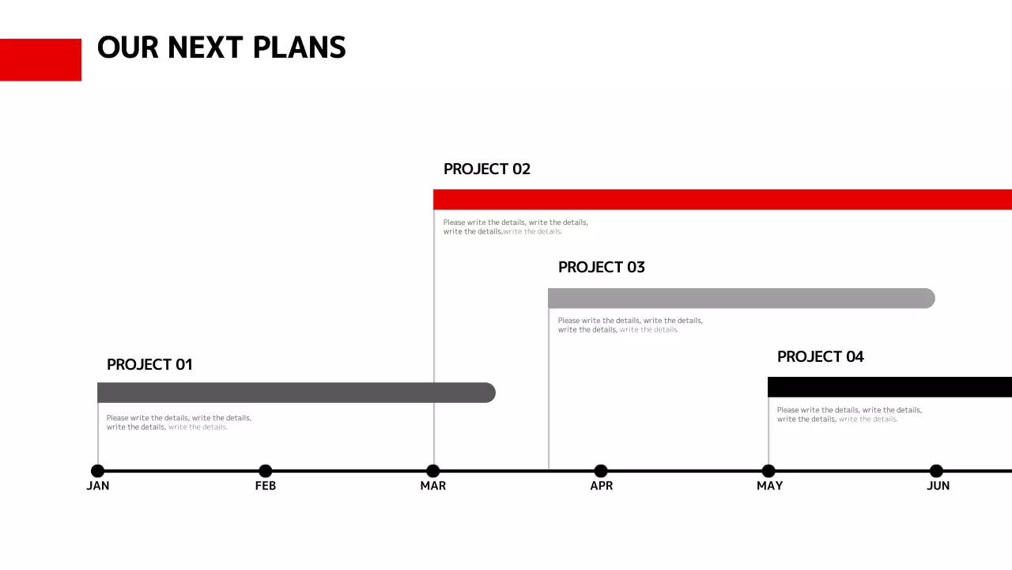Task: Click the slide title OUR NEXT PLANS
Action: click(221, 47)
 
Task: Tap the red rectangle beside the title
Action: click(40, 59)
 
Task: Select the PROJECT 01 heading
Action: click(149, 364)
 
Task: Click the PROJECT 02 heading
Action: click(487, 169)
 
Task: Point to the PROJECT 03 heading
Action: click(602, 267)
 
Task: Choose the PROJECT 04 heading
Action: click(821, 356)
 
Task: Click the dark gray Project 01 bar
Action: click(296, 393)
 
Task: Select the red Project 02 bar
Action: click(722, 199)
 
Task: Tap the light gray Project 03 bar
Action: click(741, 298)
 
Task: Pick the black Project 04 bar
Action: click(889, 387)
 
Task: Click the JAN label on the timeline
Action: click(98, 485)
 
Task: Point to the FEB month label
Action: click(266, 485)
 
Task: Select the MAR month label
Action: click(433, 485)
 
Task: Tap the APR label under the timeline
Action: click(602, 485)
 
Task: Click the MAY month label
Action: click(769, 485)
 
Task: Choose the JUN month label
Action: click(938, 485)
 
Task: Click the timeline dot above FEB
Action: click(266, 471)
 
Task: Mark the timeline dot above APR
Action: click(601, 471)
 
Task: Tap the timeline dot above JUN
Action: click(936, 471)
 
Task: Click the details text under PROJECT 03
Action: click(630, 325)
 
